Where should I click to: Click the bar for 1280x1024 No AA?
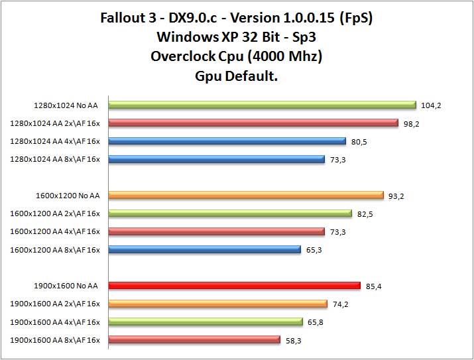(x=262, y=105)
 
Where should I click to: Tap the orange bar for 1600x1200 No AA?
(x=246, y=195)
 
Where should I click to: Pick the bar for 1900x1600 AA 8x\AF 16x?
(x=194, y=339)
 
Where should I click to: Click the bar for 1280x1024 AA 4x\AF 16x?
(x=227, y=141)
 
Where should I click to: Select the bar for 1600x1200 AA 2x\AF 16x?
(x=229, y=213)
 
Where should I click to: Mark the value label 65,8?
(x=318, y=322)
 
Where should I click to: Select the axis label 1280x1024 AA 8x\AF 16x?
(x=55, y=159)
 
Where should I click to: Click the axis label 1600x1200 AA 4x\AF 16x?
(x=55, y=231)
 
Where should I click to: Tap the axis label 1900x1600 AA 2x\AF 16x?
(x=55, y=304)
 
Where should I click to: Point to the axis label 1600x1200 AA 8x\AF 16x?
(x=55, y=249)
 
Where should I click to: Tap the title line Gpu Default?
(x=236, y=76)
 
